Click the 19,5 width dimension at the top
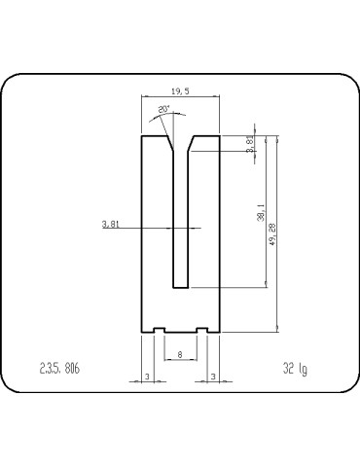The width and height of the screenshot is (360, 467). tap(180, 90)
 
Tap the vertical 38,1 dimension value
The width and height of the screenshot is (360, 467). tap(261, 211)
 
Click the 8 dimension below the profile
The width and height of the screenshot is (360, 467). tap(180, 355)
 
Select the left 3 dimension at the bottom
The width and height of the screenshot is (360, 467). tap(146, 376)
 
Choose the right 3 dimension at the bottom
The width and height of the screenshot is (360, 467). tap(213, 376)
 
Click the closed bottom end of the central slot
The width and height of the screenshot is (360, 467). tap(180, 287)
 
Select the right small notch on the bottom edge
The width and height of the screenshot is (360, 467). tap(203, 330)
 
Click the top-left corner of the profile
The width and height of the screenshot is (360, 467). tap(142, 135)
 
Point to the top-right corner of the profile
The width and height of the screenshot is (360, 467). tap(220, 135)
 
